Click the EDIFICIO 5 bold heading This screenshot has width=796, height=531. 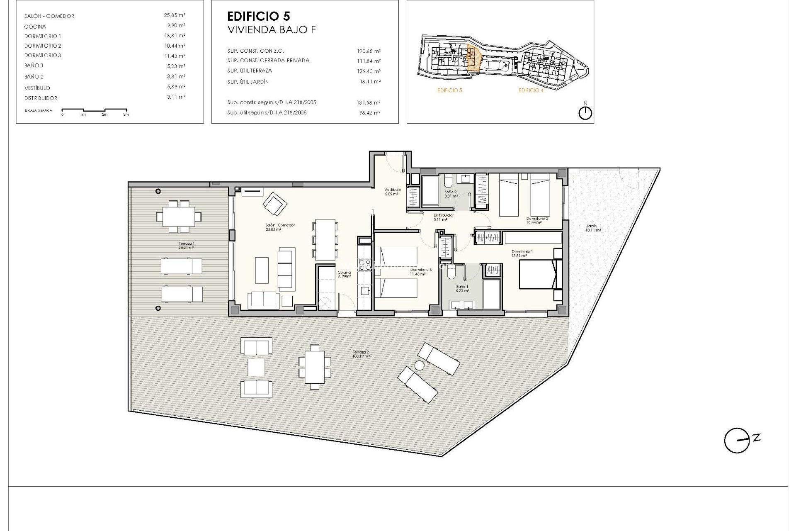(259, 16)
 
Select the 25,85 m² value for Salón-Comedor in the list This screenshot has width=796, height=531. (175, 15)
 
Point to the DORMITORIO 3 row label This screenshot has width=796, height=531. (43, 56)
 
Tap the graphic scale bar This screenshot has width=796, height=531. (95, 110)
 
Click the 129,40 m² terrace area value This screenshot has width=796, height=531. (369, 71)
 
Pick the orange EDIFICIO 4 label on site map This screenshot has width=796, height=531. (531, 90)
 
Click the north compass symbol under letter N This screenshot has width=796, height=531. (585, 113)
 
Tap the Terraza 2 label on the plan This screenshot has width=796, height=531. (361, 353)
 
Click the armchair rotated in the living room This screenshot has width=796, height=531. (274, 203)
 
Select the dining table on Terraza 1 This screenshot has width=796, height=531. (179, 217)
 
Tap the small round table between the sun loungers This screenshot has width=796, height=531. (419, 365)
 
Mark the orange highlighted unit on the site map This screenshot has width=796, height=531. (473, 58)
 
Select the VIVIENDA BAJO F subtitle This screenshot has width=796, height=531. (272, 30)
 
